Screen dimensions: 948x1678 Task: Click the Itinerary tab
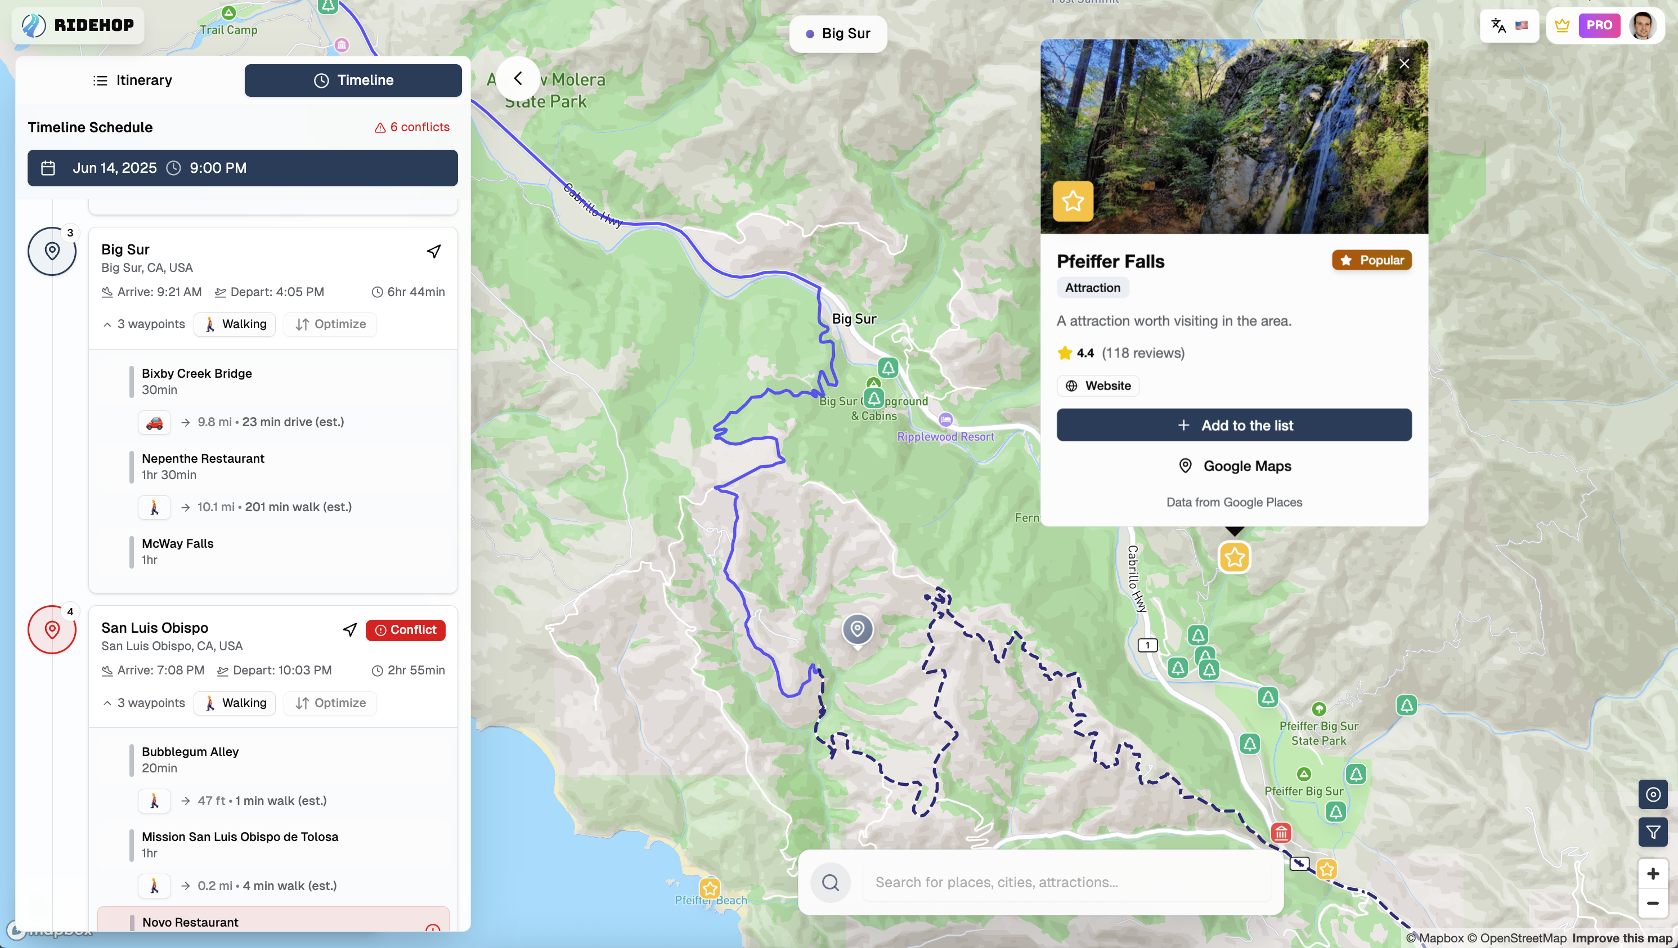click(x=133, y=80)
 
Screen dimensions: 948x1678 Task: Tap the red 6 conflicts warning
click(x=412, y=127)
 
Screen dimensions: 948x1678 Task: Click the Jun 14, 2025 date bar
click(x=243, y=168)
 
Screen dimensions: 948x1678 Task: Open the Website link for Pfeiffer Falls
click(x=1098, y=386)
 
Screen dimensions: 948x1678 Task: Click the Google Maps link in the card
click(x=1235, y=466)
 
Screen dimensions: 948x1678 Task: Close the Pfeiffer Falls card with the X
click(x=1404, y=64)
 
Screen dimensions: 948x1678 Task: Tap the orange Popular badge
click(x=1371, y=260)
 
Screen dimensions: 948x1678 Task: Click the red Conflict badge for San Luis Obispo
click(x=405, y=630)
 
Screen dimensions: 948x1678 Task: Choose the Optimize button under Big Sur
click(x=330, y=324)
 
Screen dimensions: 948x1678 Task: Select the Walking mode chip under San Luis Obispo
click(x=235, y=703)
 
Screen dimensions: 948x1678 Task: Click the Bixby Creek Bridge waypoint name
click(x=197, y=373)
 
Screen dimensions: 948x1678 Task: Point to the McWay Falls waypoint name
click(x=178, y=543)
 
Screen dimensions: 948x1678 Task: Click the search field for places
click(x=1066, y=882)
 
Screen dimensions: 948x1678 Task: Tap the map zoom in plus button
click(x=1653, y=874)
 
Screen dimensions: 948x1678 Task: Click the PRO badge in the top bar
click(x=1599, y=25)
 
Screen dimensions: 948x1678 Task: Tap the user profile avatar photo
click(x=1642, y=25)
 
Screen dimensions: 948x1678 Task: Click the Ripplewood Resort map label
click(x=945, y=436)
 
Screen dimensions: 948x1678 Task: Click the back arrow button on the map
click(x=518, y=79)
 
